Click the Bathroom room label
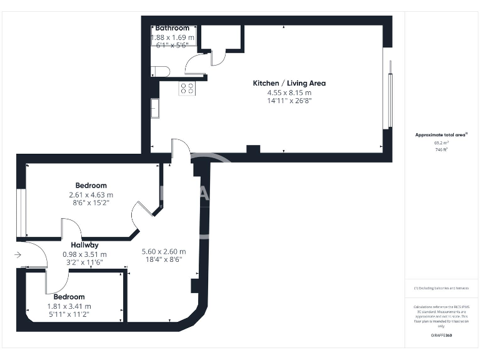(x=172, y=28)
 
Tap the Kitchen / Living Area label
(x=289, y=83)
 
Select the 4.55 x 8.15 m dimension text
(x=289, y=92)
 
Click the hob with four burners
(x=187, y=88)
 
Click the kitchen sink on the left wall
(x=154, y=108)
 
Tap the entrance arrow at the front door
(x=18, y=254)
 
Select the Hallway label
(x=84, y=245)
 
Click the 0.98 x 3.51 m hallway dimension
(x=84, y=254)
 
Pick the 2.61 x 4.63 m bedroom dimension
(x=91, y=195)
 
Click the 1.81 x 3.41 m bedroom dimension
(x=69, y=306)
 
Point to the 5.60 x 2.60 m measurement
(x=163, y=251)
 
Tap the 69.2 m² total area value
(x=441, y=142)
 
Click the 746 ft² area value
(x=441, y=150)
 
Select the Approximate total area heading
(x=441, y=134)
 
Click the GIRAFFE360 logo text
(x=441, y=336)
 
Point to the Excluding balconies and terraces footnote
(x=441, y=288)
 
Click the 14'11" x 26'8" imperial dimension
(x=289, y=101)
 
